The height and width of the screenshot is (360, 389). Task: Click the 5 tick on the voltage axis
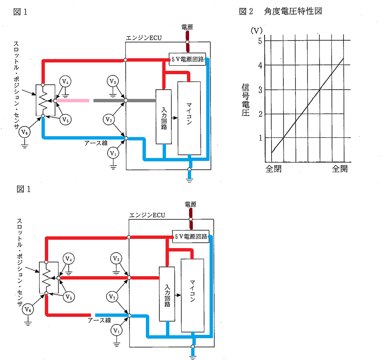[x=260, y=41]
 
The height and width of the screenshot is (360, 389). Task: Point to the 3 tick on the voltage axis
[x=260, y=90]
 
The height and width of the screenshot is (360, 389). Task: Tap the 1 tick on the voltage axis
[x=260, y=138]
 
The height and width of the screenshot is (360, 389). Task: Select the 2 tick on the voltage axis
[x=260, y=114]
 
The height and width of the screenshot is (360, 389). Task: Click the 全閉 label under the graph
[x=273, y=169]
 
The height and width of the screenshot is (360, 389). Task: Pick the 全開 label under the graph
[x=340, y=169]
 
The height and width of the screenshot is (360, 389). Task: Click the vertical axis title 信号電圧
[x=245, y=100]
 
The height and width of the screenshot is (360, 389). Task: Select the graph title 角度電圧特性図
[x=293, y=11]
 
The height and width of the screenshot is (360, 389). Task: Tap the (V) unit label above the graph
[x=257, y=31]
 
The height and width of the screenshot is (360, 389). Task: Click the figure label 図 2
[x=246, y=11]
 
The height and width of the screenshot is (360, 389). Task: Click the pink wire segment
[x=73, y=101]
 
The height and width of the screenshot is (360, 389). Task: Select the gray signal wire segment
[x=124, y=101]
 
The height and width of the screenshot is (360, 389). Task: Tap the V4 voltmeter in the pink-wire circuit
[x=65, y=81]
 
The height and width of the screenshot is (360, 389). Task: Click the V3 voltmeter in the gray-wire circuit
[x=113, y=81]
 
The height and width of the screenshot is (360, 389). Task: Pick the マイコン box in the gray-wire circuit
[x=189, y=118]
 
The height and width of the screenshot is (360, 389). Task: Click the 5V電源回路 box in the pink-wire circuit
[x=187, y=59]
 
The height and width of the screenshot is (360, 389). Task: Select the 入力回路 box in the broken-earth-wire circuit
[x=167, y=294]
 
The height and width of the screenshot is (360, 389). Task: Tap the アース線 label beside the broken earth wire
[x=99, y=320]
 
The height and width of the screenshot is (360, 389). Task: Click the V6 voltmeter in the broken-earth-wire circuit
[x=28, y=309]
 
